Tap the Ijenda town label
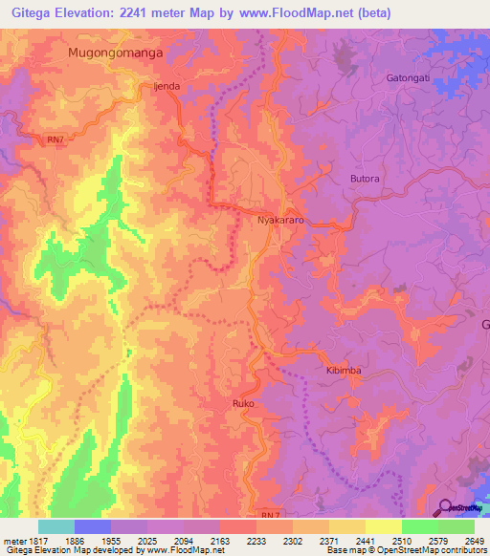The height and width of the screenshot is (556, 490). tap(167, 86)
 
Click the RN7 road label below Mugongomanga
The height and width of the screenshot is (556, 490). tap(56, 140)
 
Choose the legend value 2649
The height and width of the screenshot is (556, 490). tap(474, 540)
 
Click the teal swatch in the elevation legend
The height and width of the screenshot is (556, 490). tap(56, 526)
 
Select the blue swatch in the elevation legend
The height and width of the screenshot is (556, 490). tap(93, 526)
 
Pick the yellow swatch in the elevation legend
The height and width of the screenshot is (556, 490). tap(384, 526)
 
